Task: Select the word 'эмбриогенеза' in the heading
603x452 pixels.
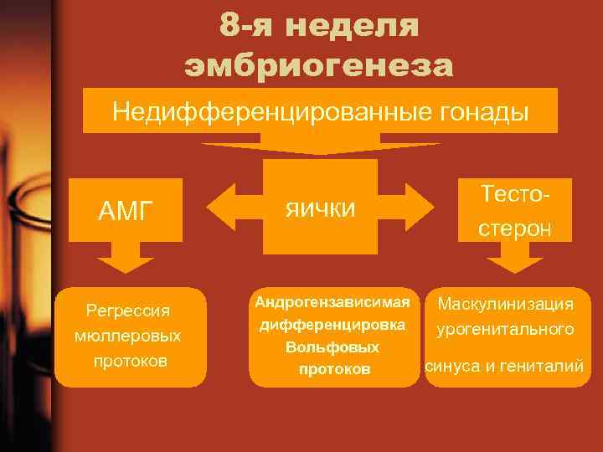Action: click(319, 64)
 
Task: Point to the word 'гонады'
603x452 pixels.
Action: click(487, 111)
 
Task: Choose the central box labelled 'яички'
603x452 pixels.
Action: click(320, 206)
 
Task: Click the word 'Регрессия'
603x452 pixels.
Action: click(128, 311)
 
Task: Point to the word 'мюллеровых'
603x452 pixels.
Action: click(128, 336)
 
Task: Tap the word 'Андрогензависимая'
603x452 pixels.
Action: click(333, 301)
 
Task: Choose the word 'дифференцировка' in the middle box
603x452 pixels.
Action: click(333, 324)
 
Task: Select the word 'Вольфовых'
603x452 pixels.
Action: click(333, 347)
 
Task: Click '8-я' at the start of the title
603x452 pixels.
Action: click(246, 25)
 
